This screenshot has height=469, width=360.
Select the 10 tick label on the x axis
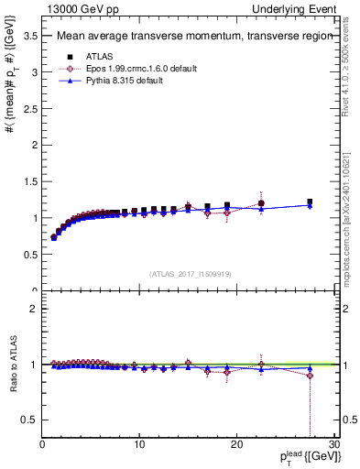tap(139, 445)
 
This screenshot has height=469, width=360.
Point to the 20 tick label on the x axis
tap(236, 445)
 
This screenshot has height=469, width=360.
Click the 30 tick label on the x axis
tap(333, 445)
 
